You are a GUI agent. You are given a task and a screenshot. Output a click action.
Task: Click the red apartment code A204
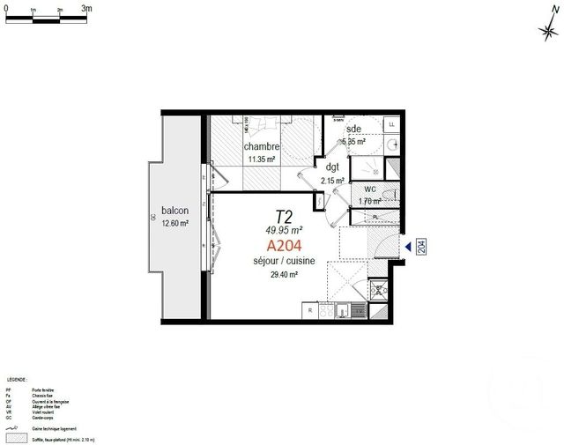click(284, 246)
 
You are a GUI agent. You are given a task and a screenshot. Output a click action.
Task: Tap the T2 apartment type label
click(284, 216)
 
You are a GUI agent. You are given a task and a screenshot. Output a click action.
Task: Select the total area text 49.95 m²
click(284, 230)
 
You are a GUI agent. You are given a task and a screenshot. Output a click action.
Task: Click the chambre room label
click(262, 146)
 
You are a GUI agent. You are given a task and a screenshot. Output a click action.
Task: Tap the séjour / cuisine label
click(283, 262)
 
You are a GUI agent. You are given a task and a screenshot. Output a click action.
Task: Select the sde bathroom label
click(353, 128)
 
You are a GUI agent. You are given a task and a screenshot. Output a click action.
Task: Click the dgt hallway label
click(332, 167)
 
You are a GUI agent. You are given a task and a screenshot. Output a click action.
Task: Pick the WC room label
click(369, 189)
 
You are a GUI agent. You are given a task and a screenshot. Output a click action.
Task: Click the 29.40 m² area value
click(283, 274)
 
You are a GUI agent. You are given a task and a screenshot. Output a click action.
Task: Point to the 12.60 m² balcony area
click(176, 224)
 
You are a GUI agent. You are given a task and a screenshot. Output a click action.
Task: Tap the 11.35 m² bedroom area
click(262, 159)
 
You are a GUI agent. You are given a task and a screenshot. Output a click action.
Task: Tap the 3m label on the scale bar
click(86, 7)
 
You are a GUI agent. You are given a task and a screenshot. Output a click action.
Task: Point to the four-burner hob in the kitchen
click(335, 310)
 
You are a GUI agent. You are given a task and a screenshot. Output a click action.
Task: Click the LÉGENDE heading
click(16, 377)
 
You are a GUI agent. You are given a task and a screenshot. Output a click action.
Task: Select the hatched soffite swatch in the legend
click(15, 438)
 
